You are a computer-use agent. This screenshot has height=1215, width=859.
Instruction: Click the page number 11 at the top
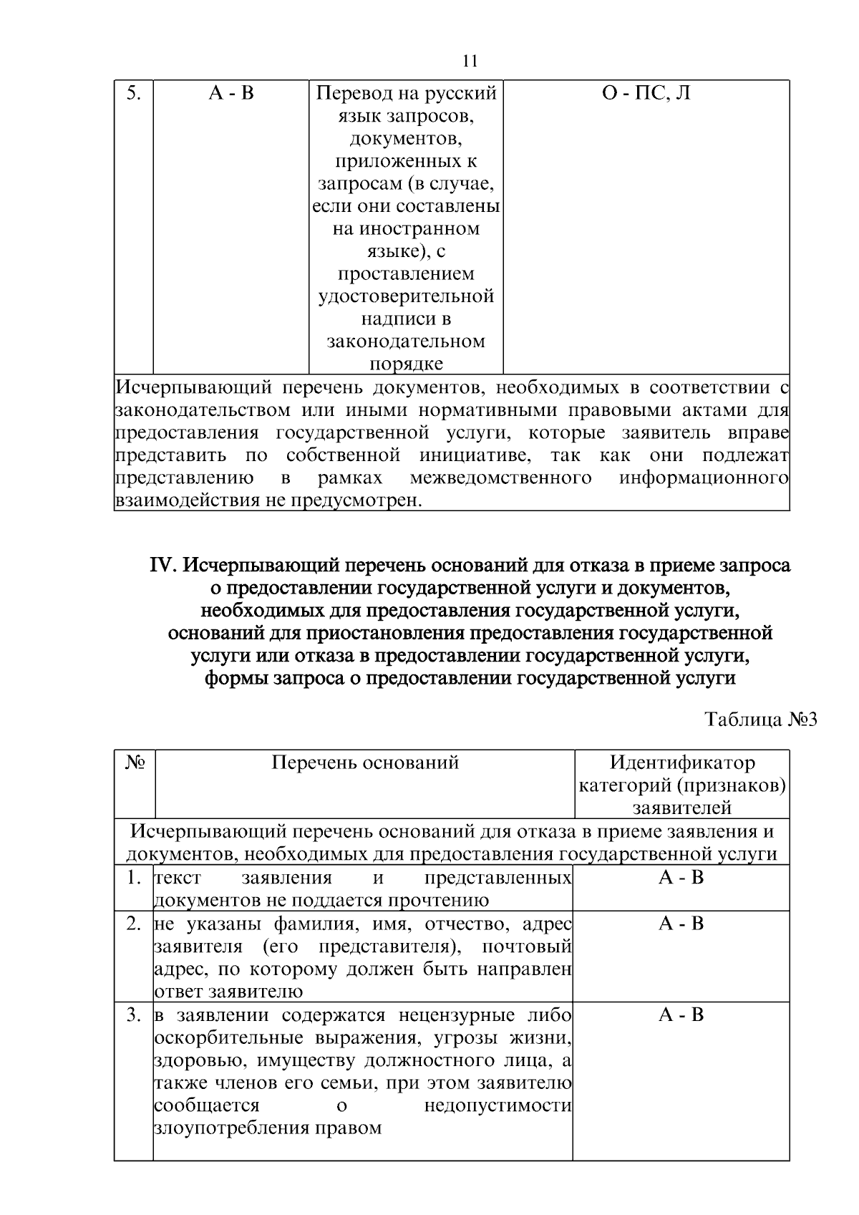point(470,60)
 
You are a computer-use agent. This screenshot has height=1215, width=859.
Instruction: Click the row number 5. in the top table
point(133,94)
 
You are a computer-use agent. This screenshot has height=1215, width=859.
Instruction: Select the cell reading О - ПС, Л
point(646,94)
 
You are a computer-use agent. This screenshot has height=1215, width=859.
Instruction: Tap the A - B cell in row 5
point(231,94)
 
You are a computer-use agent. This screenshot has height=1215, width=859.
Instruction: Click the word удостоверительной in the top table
point(406,296)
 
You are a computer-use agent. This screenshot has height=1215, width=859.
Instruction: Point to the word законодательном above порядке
point(406,342)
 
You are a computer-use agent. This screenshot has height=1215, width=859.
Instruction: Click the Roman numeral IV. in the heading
point(163,566)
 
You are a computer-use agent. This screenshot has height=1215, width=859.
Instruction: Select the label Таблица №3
point(760,719)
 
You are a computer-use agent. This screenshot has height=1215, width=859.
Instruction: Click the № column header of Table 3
point(135,763)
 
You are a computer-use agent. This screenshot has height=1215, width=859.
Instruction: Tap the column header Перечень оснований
point(364,763)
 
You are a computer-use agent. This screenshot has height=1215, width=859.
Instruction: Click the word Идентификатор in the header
point(681,763)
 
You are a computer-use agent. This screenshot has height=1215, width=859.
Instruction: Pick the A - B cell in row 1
point(681,878)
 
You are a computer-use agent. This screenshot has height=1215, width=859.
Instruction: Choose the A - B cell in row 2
point(681,924)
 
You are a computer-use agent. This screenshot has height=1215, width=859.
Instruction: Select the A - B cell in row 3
point(681,1015)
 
